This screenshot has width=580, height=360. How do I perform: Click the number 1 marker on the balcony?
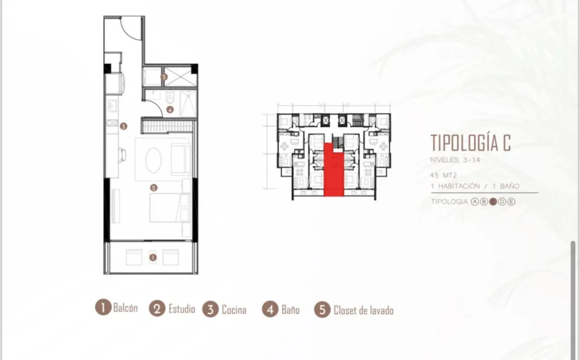pos(153,257)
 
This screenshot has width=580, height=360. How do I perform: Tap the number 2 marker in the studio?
pos(153,188)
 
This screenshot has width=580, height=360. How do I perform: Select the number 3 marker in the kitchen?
pos(123,126)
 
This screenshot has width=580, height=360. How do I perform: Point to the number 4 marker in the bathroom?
pos(170,109)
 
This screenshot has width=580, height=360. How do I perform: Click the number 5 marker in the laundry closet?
pos(164,77)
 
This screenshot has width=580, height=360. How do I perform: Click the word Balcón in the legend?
pos(126,308)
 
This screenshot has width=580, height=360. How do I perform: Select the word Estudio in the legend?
pos(182,309)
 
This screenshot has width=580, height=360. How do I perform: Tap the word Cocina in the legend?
pos(234,310)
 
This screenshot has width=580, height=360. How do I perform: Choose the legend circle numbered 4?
pos(270,309)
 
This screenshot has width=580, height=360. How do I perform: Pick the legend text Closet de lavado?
pos(363,310)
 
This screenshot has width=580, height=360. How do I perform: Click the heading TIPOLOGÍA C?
pos(471,143)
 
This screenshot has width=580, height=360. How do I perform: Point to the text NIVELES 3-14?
pos(455,160)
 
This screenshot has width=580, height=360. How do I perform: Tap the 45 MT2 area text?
pos(443,175)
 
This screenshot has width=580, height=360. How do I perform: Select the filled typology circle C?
pos(493,202)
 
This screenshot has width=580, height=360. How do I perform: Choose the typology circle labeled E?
pos(511,202)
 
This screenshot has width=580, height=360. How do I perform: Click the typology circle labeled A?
pos(475,202)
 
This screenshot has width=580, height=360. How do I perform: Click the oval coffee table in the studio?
pos(153,160)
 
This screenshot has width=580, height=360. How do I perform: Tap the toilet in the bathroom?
pos(170,97)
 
